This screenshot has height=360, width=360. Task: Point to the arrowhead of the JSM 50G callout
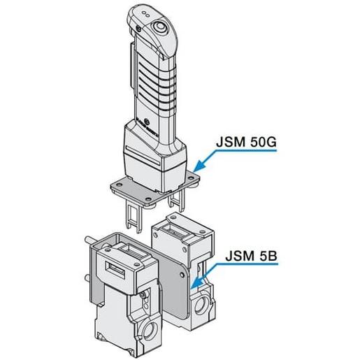click(195, 169)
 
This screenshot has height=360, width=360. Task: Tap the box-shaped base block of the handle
click(154, 153)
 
